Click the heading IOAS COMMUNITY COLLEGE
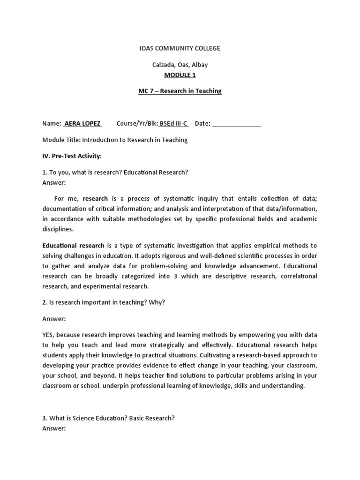pos(180,48)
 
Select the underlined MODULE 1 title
pos(180,74)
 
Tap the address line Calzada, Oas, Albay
pos(180,65)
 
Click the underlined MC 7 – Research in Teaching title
pos(180,91)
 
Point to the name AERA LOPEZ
pos(82,123)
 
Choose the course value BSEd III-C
pos(173,123)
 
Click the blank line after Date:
pos(237,124)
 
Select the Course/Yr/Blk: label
pos(136,123)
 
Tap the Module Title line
pos(115,140)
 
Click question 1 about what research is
pos(115,172)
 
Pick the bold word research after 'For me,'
pos(95,198)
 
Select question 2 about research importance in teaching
pos(104,302)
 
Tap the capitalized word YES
pos(49,335)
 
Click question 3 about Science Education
pos(108,419)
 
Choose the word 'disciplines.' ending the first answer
pos(58,229)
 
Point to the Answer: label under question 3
pos(54,428)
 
